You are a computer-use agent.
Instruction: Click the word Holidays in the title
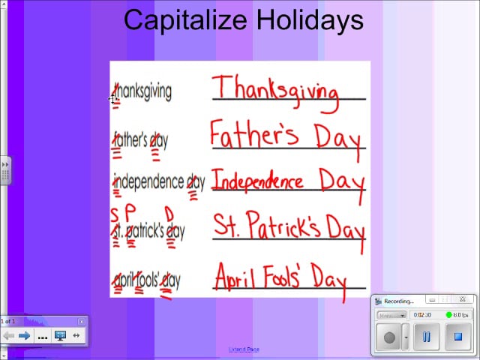[x=306, y=20]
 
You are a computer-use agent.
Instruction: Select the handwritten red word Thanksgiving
[x=275, y=90]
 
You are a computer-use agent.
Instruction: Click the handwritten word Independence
[x=258, y=180]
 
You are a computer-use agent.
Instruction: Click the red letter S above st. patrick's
[x=115, y=213]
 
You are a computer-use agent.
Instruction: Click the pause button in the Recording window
[x=425, y=337]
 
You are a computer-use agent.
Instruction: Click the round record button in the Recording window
[x=389, y=337]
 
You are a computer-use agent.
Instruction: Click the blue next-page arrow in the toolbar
[x=25, y=336]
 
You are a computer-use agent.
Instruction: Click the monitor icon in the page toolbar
[x=61, y=336]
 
